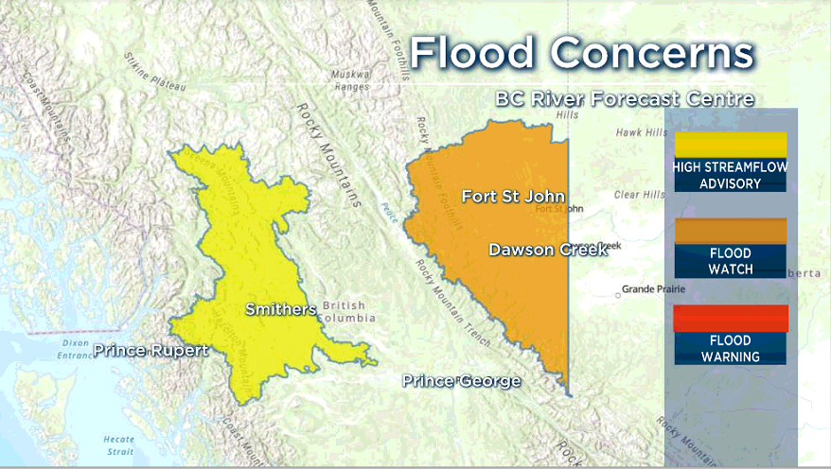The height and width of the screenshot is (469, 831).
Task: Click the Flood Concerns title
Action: pos(581,54)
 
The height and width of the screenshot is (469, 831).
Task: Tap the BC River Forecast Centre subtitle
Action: pos(624,98)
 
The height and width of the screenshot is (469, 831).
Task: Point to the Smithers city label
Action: pos(280,309)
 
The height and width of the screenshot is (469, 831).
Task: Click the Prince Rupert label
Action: pos(150,351)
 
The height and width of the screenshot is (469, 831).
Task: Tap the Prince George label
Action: pos(461,381)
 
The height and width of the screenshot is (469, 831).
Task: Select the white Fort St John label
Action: pos(513,197)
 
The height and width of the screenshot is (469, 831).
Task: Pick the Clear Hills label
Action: pos(639,195)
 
